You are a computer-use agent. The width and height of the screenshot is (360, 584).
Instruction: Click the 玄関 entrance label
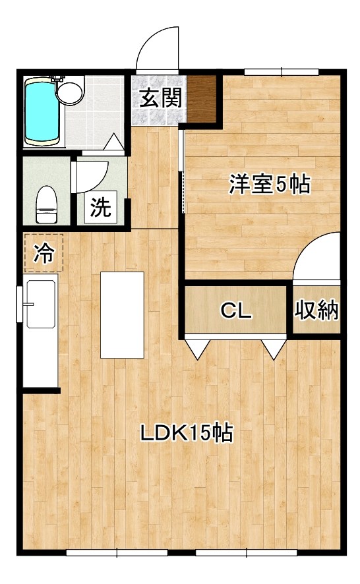click(160, 98)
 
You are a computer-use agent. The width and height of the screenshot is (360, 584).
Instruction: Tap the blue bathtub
click(42, 113)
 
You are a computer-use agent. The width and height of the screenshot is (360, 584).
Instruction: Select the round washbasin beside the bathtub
click(70, 92)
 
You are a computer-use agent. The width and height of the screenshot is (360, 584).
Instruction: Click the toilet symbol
click(46, 204)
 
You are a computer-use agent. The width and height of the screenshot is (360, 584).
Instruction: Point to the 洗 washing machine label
click(101, 207)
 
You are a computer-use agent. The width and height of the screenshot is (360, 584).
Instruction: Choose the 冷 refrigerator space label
click(44, 253)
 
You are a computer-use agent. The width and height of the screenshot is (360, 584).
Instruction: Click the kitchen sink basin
click(41, 304)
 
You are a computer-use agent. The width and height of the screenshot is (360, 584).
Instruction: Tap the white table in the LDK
click(122, 314)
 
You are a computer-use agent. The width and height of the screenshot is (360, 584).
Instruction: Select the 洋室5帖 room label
click(269, 184)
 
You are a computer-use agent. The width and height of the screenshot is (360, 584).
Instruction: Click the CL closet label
click(236, 310)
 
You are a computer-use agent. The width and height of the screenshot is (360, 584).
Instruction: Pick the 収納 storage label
click(316, 310)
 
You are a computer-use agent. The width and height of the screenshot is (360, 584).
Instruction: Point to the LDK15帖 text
click(187, 432)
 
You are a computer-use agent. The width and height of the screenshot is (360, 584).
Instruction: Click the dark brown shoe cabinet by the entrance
click(201, 99)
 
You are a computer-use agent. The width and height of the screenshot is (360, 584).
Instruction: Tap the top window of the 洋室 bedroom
click(282, 72)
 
